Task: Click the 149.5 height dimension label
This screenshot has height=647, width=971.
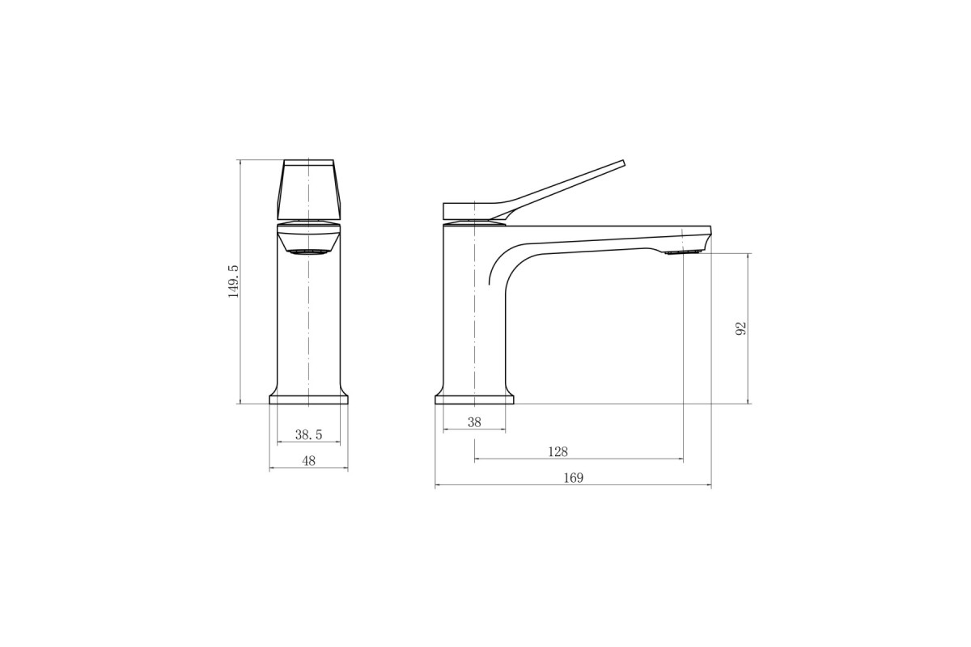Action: point(234,281)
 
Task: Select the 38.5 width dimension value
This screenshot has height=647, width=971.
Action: point(308,434)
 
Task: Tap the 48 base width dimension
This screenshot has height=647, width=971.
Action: point(308,461)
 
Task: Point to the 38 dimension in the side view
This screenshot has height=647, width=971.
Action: point(474,422)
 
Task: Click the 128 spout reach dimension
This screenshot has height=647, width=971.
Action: point(558,452)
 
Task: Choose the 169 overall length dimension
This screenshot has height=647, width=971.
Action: point(574,478)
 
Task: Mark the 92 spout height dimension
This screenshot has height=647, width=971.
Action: point(741,328)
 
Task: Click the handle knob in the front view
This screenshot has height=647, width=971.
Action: point(308,189)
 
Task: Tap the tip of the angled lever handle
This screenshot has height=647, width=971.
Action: point(624,162)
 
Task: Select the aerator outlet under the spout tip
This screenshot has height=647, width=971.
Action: point(684,252)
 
